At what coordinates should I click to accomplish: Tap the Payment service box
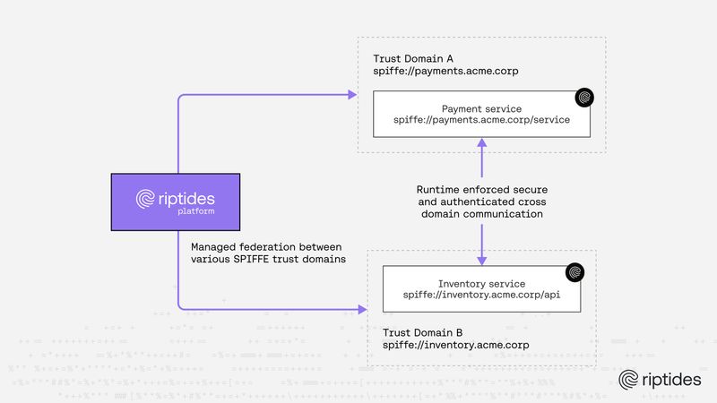point(481,113)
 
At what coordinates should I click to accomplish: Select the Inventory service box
point(481,288)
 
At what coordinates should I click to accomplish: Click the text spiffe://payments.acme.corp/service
point(481,120)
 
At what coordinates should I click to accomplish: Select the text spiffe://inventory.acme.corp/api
point(481,296)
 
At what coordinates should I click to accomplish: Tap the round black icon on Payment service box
point(584,96)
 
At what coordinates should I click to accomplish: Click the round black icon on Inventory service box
point(575,271)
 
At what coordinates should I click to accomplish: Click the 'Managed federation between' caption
point(268,246)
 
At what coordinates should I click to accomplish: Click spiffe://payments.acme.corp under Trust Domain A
point(445,70)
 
